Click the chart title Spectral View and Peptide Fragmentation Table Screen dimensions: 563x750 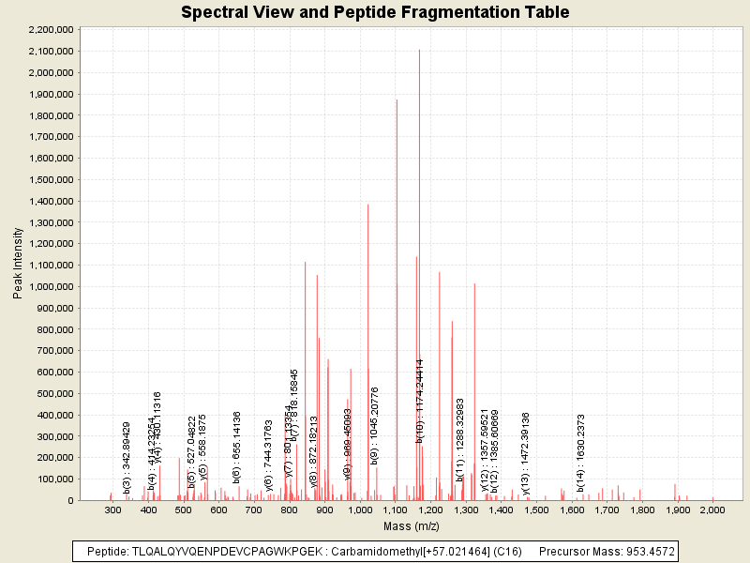click(x=375, y=12)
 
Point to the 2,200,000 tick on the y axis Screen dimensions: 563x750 click(x=52, y=29)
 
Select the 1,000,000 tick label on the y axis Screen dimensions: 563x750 click(x=52, y=286)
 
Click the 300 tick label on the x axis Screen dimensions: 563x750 click(x=113, y=510)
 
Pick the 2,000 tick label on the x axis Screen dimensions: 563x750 click(x=712, y=510)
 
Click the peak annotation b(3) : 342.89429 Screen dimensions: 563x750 click(x=127, y=458)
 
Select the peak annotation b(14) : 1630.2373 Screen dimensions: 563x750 click(x=581, y=453)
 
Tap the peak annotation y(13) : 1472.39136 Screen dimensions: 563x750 click(x=526, y=450)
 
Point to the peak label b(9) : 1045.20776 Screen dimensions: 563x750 click(x=375, y=425)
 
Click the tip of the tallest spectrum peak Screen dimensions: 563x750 click(x=419, y=50)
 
